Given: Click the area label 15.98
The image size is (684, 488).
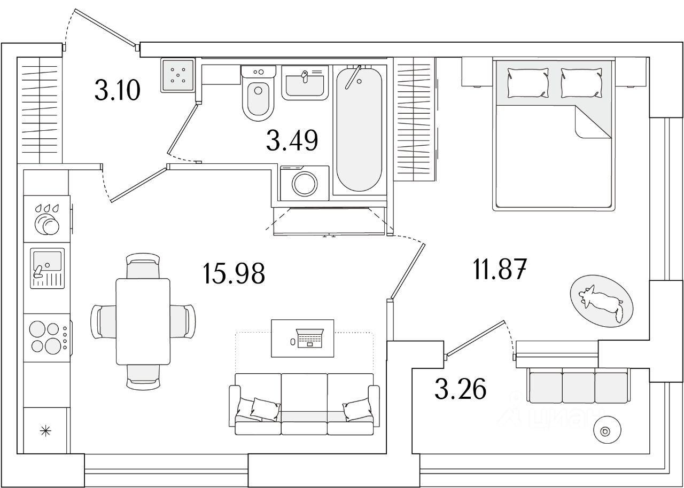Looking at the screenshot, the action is tap(234, 274).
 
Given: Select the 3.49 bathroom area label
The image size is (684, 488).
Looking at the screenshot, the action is tap(292, 140).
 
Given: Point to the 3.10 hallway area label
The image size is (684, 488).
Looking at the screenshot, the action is tap(117, 89).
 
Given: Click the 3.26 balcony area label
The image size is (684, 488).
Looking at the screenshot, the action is tap(460, 389).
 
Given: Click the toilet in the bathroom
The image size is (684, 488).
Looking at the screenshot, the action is tap(259, 96).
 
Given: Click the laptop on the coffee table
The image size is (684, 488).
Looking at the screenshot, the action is tap(309, 338).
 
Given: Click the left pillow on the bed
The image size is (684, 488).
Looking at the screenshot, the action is tap(527, 82).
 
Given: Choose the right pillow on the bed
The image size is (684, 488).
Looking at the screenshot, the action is tap(581, 82).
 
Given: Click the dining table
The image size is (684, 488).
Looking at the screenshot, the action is tap(143, 321).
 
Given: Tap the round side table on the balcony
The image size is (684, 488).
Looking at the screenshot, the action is tap(606, 431).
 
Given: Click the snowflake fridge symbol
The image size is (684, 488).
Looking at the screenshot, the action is tap(46, 430).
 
